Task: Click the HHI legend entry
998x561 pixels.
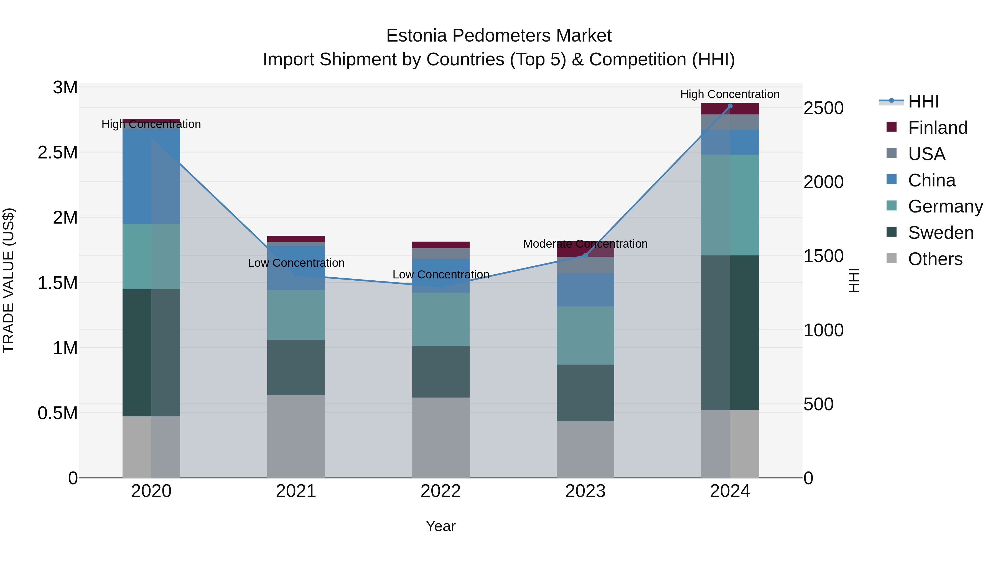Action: point(923,101)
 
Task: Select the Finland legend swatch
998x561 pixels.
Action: point(892,127)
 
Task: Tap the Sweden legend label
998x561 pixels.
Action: point(941,233)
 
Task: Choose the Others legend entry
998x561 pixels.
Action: point(935,259)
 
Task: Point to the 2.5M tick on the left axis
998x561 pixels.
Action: point(57,153)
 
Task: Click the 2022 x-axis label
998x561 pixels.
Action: point(441,491)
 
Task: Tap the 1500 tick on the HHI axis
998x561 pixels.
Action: point(823,256)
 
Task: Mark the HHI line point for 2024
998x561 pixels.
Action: point(730,106)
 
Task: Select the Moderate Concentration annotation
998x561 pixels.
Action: point(585,244)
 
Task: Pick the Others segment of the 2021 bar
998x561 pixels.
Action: point(296,436)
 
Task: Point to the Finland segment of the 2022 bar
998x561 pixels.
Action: point(441,245)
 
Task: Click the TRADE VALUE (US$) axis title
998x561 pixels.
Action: point(9,280)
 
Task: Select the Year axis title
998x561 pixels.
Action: point(441,526)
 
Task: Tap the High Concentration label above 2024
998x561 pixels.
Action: point(730,94)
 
